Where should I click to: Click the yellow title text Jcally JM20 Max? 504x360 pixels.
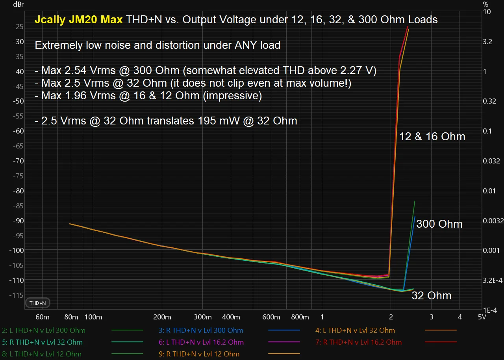(x=78, y=19)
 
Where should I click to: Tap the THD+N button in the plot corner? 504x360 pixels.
(x=38, y=303)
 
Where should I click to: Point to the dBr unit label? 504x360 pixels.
(x=18, y=4)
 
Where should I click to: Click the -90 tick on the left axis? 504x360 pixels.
(x=18, y=220)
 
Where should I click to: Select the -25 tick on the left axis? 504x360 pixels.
(x=18, y=26)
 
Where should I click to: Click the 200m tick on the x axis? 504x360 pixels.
(x=162, y=317)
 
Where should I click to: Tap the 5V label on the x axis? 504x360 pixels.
(x=482, y=317)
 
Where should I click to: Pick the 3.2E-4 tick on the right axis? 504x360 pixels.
(x=493, y=280)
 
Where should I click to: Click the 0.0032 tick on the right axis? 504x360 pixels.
(x=493, y=221)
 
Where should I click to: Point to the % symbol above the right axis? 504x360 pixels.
(x=485, y=4)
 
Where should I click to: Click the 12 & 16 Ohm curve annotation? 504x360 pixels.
(x=432, y=137)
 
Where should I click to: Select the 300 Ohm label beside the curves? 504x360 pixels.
(x=439, y=224)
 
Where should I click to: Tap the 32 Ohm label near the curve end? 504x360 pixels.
(x=431, y=296)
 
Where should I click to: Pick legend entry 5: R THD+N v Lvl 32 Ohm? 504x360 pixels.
(x=42, y=342)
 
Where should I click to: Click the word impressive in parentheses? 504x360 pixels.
(x=232, y=96)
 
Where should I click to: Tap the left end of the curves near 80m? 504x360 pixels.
(x=70, y=224)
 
